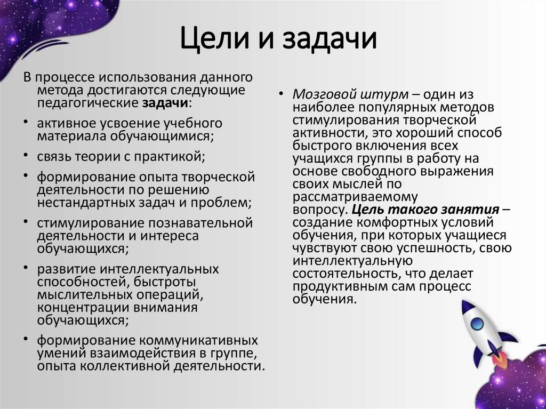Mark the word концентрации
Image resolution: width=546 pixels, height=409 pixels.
coord(75,308)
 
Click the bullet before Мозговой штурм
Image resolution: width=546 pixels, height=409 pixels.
coord(281,94)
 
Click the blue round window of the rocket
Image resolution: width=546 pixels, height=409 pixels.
coord(476,323)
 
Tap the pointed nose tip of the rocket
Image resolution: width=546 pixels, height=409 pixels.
coord(463,302)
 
